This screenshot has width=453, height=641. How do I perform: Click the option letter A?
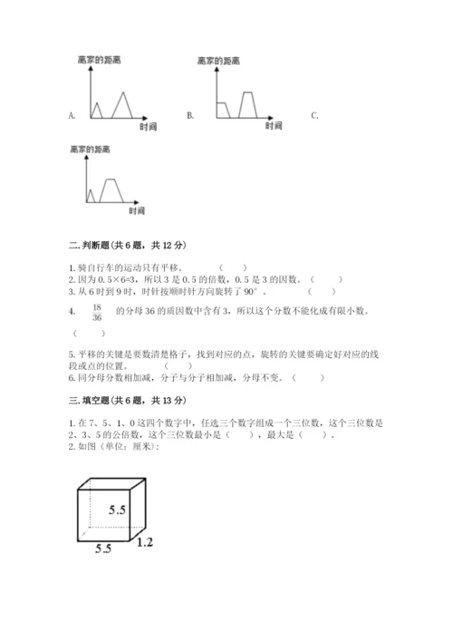pos(71,116)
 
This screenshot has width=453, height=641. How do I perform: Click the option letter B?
pos(190,116)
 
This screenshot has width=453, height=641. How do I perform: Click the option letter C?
pos(313,116)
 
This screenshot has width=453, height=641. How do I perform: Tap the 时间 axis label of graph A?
pos(150,128)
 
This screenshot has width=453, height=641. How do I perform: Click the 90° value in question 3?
pos(275,292)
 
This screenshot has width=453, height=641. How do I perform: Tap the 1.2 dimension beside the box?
pos(145,542)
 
